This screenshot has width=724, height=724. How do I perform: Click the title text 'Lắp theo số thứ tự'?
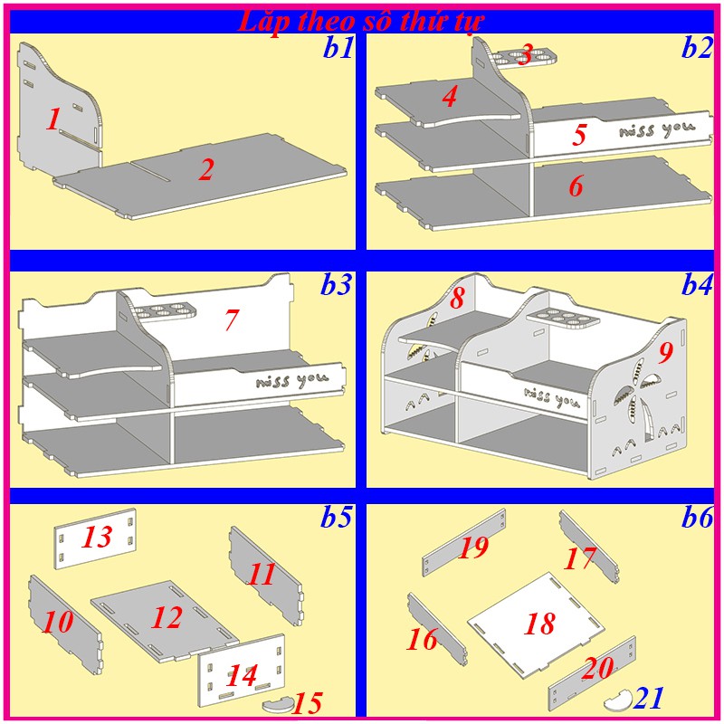(360, 21)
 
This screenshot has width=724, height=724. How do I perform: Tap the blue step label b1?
(338, 48)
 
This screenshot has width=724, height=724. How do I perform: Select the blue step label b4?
(697, 284)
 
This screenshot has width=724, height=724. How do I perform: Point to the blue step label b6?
(697, 517)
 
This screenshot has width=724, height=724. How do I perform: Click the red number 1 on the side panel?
(53, 119)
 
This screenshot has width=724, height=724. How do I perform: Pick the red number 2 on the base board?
(206, 169)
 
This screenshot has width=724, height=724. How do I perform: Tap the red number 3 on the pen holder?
(526, 54)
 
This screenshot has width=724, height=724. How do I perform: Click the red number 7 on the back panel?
(232, 319)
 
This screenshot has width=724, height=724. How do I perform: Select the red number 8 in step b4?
(457, 298)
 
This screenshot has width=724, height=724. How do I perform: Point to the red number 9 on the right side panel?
(666, 353)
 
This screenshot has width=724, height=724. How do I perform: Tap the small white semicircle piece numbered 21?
(618, 699)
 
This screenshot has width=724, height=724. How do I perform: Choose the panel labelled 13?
(96, 538)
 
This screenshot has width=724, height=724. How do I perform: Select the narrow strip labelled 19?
(463, 542)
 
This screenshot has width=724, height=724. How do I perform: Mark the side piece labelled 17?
(589, 547)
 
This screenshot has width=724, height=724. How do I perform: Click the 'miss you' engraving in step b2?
(657, 129)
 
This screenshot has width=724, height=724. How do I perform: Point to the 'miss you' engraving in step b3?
(292, 379)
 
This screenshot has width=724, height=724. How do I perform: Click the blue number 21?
(649, 698)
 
